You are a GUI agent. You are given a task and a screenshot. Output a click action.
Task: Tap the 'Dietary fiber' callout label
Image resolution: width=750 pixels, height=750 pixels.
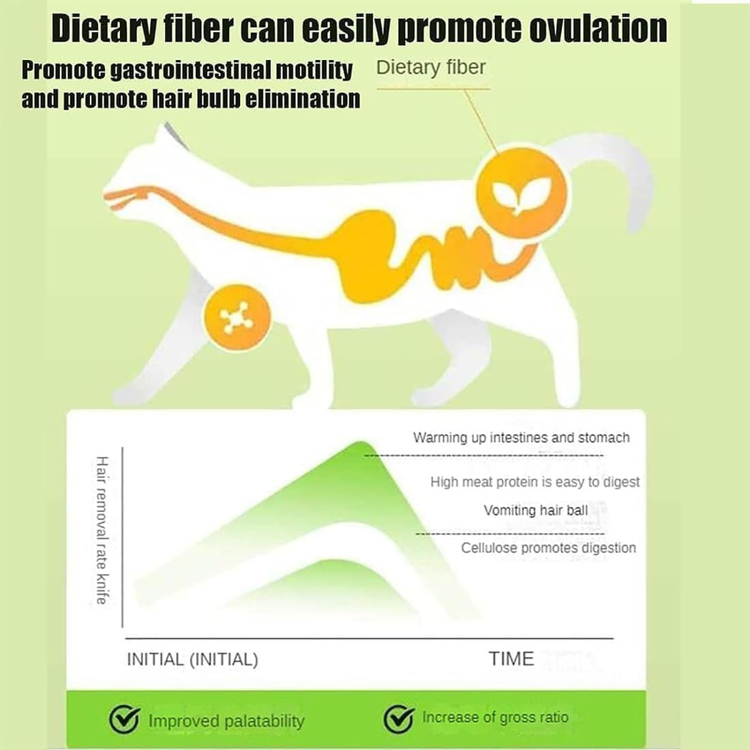click(431, 67)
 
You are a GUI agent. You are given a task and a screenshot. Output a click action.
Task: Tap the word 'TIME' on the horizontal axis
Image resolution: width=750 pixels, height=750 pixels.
click(511, 659)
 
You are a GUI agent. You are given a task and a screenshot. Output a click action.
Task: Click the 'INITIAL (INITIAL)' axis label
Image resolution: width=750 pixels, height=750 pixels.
click(192, 659)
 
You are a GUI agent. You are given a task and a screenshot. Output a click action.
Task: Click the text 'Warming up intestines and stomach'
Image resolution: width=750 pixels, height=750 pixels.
click(521, 438)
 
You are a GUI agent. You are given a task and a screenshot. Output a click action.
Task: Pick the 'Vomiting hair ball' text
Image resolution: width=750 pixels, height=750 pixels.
click(535, 510)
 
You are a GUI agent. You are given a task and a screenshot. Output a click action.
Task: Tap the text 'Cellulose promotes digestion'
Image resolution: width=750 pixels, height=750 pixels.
click(548, 547)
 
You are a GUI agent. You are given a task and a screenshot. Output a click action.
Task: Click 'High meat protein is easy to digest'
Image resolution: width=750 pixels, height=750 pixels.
click(535, 482)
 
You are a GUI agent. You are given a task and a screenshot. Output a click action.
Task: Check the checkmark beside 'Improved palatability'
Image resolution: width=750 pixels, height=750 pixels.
click(125, 719)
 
